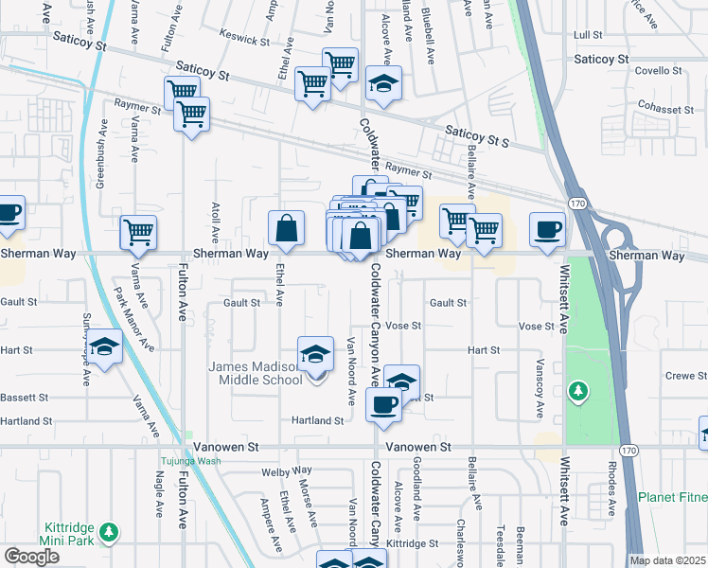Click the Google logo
coord(31,557)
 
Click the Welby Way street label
coord(289,470)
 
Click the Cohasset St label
coord(667,107)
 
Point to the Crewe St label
coord(680,376)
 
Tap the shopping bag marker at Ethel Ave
coord(286,229)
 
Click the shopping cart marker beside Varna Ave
coord(138,233)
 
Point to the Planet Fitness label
coord(672,497)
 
